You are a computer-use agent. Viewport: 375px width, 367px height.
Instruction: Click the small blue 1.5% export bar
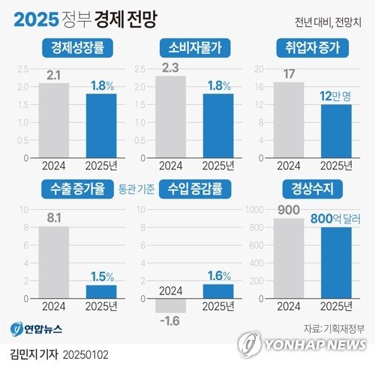pyautogui.click(x=100, y=291)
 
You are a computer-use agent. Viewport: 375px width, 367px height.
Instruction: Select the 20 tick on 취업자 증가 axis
pyautogui.click(x=259, y=69)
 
